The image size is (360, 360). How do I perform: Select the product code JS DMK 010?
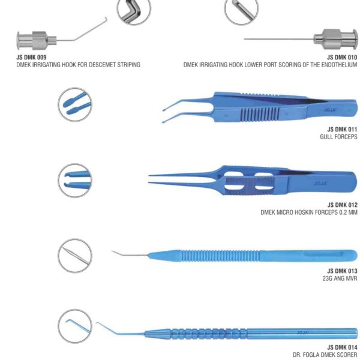342,57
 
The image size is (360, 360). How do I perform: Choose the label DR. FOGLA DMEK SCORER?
327,355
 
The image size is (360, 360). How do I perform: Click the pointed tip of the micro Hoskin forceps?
150,176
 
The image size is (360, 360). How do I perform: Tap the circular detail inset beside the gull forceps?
74,104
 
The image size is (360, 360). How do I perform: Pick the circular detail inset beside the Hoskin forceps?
74,178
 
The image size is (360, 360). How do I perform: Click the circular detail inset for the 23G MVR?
74,254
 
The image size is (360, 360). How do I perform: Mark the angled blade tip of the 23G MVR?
115,252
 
